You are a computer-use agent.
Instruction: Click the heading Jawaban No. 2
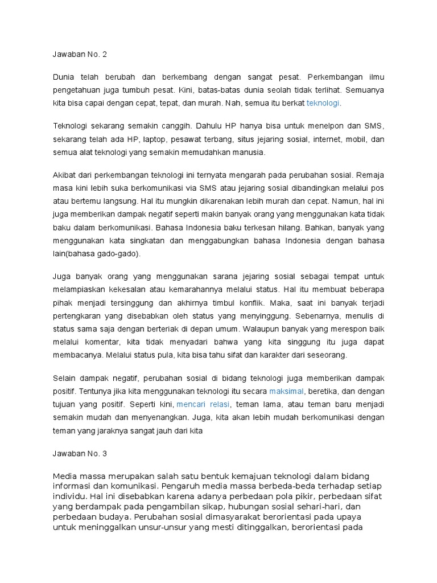click(x=80, y=55)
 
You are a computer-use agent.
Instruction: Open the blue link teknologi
click(x=323, y=103)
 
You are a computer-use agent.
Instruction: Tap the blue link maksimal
click(x=287, y=391)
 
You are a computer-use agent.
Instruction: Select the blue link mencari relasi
click(x=203, y=404)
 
